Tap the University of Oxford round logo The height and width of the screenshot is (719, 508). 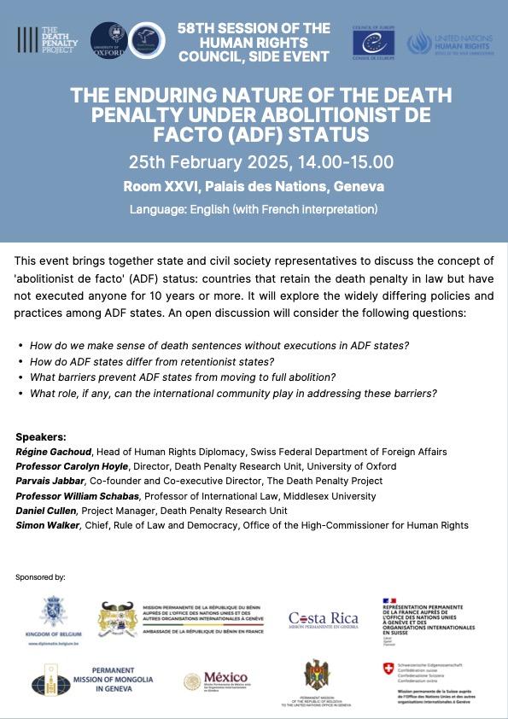[x=108, y=40]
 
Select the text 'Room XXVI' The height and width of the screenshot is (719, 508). [x=160, y=186]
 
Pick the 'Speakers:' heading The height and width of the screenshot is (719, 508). [x=41, y=435]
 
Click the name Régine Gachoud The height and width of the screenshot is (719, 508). [x=54, y=452]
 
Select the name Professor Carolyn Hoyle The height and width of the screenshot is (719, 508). [x=71, y=466]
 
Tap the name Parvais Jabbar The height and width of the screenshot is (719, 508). [x=50, y=481]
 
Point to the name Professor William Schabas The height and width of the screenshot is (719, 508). [x=78, y=496]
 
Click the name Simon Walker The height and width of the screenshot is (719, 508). [x=48, y=525]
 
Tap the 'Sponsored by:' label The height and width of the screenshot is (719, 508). [x=40, y=578]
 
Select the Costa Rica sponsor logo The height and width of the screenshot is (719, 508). [x=323, y=620]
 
